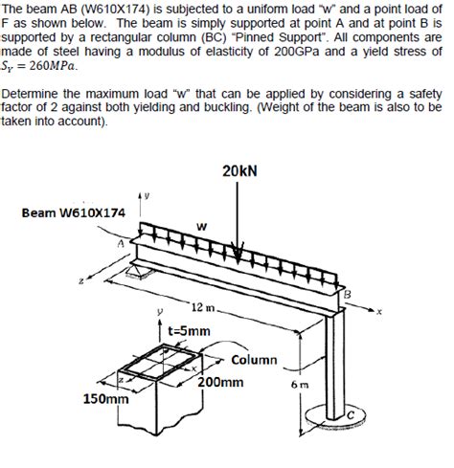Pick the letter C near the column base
click(351, 413)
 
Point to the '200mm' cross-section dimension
click(221, 380)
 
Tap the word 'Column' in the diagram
click(254, 360)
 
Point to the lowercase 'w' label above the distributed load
click(200, 225)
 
